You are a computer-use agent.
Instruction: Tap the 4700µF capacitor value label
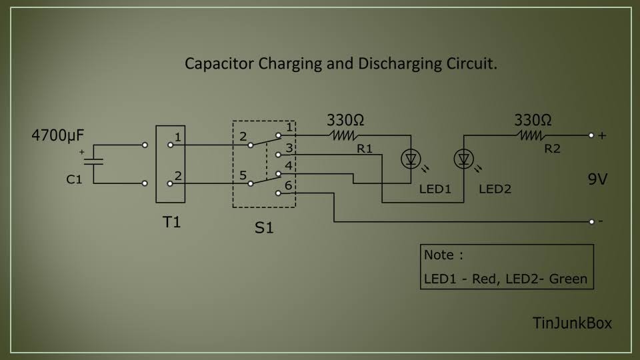pos(58,136)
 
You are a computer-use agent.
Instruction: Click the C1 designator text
pos(73,179)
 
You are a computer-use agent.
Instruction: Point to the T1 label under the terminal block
pos(172,222)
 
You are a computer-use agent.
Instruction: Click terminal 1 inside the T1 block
pos(171,144)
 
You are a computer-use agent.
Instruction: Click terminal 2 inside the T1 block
pos(171,183)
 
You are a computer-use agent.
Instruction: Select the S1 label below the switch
pos(264,227)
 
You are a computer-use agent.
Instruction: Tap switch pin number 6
pos(288,185)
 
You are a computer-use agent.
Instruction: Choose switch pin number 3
pos(288,147)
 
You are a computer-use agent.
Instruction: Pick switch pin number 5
pos(243,175)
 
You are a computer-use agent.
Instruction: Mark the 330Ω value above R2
pos(533,121)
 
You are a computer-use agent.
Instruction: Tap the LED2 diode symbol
pos(463,159)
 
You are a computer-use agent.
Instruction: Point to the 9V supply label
pos(597,179)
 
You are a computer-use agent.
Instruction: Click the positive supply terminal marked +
pos(592,135)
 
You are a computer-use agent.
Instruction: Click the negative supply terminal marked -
pos(592,221)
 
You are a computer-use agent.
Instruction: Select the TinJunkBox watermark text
pos(572,323)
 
